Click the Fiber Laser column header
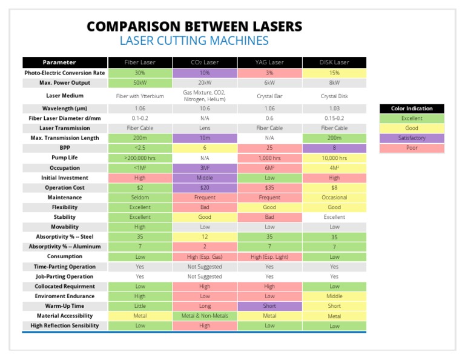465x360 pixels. pyautogui.click(x=140, y=62)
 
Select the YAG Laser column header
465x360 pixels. pyautogui.click(x=269, y=62)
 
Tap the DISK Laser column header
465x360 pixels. pyautogui.click(x=334, y=62)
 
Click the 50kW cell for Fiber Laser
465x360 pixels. pyautogui.click(x=140, y=82)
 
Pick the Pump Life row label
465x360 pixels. pyautogui.click(x=65, y=158)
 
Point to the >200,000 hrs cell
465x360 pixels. pyautogui.click(x=140, y=158)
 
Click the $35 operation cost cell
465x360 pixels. pyautogui.click(x=269, y=187)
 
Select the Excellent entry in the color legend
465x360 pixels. pyautogui.click(x=412, y=118)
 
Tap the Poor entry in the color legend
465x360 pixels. pyautogui.click(x=412, y=147)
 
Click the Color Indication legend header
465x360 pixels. pyautogui.click(x=412, y=108)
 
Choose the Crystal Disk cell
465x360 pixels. pyautogui.click(x=334, y=96)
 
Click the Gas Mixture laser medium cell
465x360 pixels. pyautogui.click(x=205, y=96)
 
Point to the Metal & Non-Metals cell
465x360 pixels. pyautogui.click(x=205, y=316)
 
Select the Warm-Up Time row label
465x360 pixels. pyautogui.click(x=65, y=306)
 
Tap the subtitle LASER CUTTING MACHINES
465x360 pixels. pyautogui.click(x=194, y=41)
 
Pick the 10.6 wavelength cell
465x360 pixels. pyautogui.click(x=205, y=108)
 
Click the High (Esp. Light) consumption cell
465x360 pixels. pyautogui.click(x=269, y=256)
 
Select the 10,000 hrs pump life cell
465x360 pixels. pyautogui.click(x=334, y=158)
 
